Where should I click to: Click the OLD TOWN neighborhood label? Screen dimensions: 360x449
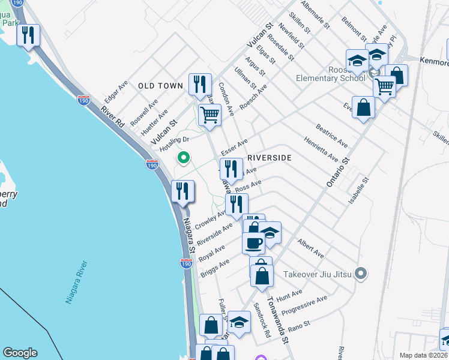[x=160, y=86]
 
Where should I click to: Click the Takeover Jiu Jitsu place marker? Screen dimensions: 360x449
[x=360, y=274]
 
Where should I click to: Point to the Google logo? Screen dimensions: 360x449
[x=20, y=353]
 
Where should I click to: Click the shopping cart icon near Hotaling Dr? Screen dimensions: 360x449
[x=209, y=114]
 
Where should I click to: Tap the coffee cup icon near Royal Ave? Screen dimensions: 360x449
[x=253, y=243]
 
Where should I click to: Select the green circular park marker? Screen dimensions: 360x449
[x=184, y=158]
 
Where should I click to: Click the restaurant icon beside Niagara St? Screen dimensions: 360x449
[x=181, y=191]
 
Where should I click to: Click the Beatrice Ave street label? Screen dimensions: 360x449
[x=332, y=136]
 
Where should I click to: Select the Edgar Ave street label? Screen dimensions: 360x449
[x=116, y=92]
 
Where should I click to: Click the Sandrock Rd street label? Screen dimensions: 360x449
[x=262, y=319]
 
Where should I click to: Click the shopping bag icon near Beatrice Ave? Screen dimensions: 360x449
[x=363, y=108]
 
